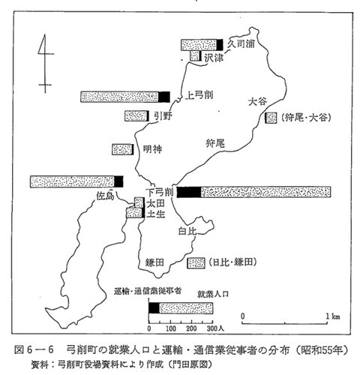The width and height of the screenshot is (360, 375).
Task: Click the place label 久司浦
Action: (x=241, y=43)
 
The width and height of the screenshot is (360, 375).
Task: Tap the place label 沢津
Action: (x=214, y=58)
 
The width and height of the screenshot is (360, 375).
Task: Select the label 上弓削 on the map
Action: (x=199, y=95)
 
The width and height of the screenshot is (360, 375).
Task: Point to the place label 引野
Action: (x=163, y=115)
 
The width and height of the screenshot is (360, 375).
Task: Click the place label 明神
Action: (x=152, y=149)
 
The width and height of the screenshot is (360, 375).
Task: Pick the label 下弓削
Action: (x=160, y=192)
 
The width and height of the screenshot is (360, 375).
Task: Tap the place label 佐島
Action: (x=105, y=195)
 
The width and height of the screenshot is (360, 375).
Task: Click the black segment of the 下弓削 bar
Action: (x=189, y=192)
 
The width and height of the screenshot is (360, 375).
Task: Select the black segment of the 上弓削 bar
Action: (x=164, y=97)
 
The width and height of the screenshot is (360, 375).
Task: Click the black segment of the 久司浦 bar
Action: (x=220, y=45)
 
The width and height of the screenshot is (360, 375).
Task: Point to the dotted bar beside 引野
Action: (x=136, y=115)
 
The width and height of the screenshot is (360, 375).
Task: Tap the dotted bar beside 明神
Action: (x=122, y=149)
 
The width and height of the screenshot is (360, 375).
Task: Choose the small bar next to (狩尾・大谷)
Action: (x=271, y=118)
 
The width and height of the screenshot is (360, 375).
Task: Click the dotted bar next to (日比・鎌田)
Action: (x=196, y=263)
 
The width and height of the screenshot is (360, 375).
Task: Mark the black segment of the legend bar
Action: (x=154, y=308)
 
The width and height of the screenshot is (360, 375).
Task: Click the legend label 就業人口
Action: (x=213, y=294)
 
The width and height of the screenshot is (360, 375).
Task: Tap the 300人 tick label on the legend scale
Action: (x=215, y=328)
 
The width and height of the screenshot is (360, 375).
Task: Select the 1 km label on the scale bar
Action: (x=333, y=316)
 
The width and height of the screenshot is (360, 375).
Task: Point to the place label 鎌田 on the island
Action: (x=154, y=262)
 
